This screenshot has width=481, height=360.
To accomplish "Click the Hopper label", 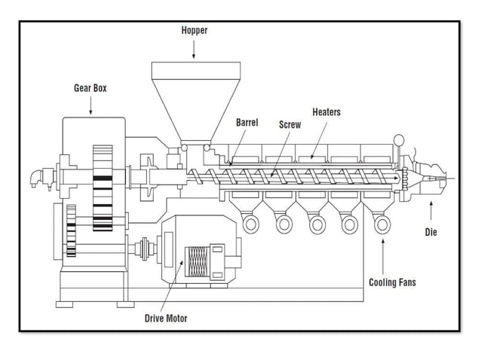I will (194, 31).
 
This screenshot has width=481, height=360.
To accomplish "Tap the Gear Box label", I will (90, 88).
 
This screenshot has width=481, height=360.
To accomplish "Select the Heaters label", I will (326, 112).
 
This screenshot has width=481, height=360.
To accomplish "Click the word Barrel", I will (247, 122).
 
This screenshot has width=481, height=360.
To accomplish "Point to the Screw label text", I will (290, 124).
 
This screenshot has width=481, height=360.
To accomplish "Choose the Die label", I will (430, 232).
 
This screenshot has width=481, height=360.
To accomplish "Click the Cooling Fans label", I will (392, 282).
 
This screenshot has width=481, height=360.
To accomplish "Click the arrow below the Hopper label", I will (194, 49).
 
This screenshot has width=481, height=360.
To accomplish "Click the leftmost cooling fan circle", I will (251, 222).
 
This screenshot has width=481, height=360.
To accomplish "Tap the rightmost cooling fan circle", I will (382, 222).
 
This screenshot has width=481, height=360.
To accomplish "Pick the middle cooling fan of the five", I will (317, 222).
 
